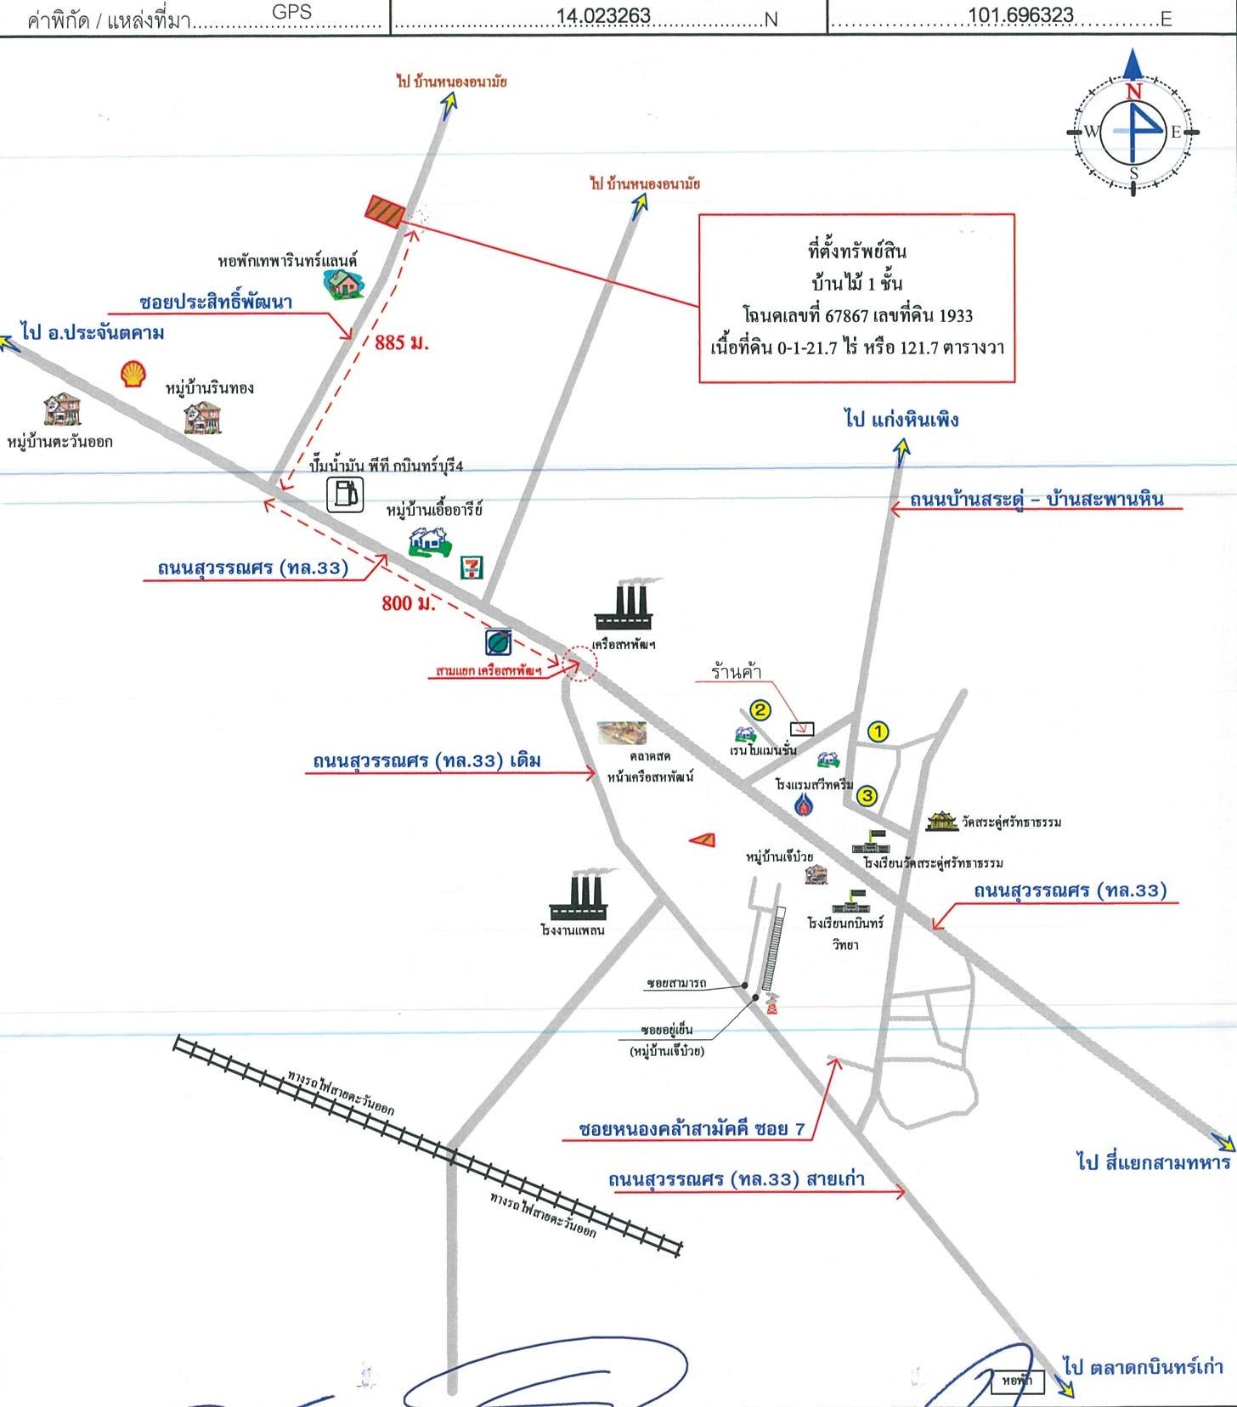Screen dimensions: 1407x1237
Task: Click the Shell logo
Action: coord(132,374)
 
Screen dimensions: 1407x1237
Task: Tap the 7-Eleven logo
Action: coord(471,567)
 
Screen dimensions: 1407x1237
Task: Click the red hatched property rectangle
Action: coord(384,210)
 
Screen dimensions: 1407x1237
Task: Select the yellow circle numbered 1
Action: coord(878,731)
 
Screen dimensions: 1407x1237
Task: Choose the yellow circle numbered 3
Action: coord(867,795)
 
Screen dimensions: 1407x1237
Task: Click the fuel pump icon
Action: coord(345,494)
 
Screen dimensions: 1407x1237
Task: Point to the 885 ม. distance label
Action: coord(402,344)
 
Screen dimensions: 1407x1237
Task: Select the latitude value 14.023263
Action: coord(603,16)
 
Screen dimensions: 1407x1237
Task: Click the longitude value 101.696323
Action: coord(1020,16)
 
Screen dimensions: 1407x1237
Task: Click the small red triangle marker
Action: coord(702,839)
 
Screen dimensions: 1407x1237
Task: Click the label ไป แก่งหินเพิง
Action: coord(901,419)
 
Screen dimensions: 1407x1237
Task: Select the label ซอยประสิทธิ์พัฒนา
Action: coord(216,302)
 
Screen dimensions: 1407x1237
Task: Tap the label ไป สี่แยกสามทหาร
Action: coord(1153,1161)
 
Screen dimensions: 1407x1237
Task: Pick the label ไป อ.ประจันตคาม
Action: coord(93,332)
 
